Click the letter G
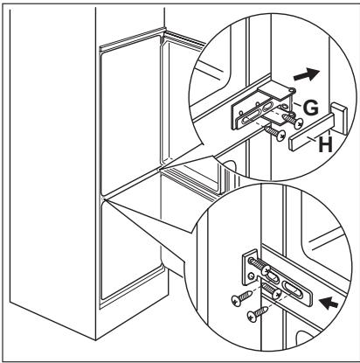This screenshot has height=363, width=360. click(311, 108)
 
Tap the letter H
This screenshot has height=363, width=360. click(325, 144)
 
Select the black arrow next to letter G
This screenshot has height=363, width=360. click(307, 75)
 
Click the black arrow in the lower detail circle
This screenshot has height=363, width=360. click(329, 304)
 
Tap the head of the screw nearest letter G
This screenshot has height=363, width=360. click(298, 123)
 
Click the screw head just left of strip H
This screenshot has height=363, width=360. click(281, 136)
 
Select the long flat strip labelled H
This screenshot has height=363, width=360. click(311, 132)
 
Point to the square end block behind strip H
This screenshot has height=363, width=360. click(339, 117)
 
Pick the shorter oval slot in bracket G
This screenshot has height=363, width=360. click(267, 107)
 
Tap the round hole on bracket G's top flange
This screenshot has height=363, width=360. click(291, 91)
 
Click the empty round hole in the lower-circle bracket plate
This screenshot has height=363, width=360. click(250, 276)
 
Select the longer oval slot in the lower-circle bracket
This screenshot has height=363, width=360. click(294, 287)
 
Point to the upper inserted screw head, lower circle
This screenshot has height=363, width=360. click(267, 270)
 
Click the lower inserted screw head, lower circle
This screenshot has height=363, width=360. click(277, 295)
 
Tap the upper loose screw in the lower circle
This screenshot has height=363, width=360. click(241, 298)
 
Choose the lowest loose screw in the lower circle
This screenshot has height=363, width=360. click(257, 313)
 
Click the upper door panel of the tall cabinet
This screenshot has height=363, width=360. click(130, 115)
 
